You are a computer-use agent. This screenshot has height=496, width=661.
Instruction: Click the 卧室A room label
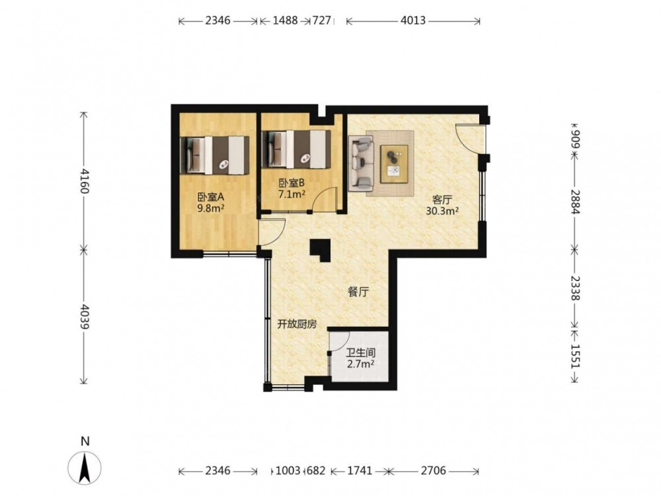[x=211, y=197]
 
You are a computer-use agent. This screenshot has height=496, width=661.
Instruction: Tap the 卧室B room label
[x=292, y=183]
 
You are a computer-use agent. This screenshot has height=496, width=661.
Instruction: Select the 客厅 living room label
[x=442, y=200]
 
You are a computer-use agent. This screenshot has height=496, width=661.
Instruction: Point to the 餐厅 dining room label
[x=358, y=292]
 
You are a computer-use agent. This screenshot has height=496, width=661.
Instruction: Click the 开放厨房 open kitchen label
[x=297, y=324]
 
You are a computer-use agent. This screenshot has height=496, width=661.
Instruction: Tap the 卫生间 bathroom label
[x=361, y=352]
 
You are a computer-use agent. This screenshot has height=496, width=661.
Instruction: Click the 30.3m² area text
[x=442, y=211]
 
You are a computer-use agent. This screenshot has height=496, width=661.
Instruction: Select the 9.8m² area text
[x=211, y=208]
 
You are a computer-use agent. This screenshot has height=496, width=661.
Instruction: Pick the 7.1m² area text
[x=292, y=194]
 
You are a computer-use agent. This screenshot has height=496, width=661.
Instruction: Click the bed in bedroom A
[x=215, y=155]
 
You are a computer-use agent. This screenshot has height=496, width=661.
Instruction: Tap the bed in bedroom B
[x=296, y=149]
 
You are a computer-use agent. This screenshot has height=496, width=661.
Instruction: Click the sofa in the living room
[x=362, y=162]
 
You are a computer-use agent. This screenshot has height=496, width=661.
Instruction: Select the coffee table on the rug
[x=394, y=163]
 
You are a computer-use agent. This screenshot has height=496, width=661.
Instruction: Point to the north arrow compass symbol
[x=85, y=468]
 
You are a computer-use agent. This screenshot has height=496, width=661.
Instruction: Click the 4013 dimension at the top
[x=413, y=21]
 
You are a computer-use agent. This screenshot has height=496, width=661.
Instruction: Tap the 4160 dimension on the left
[x=84, y=181]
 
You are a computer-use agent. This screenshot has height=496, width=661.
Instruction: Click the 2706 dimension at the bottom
[x=434, y=470]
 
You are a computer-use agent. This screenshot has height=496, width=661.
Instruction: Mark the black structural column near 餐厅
[x=321, y=250]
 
